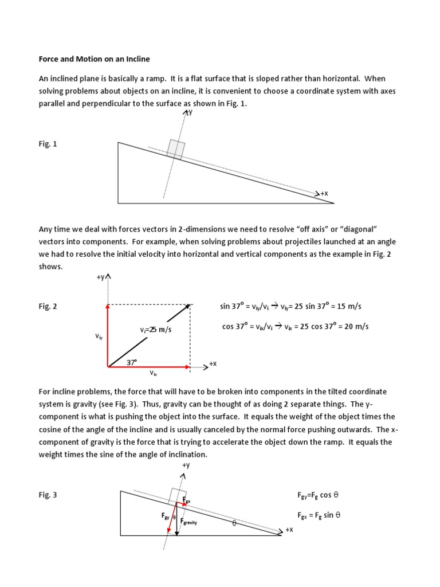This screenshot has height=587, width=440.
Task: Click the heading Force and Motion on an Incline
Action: click(x=94, y=59)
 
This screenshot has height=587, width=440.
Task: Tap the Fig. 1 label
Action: click(x=48, y=144)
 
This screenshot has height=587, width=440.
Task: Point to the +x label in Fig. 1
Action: click(x=324, y=194)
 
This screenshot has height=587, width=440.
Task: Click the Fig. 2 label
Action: click(x=48, y=307)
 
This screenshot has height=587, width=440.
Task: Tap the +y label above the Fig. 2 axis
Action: click(x=101, y=277)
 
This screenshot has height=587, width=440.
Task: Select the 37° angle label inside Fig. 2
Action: click(x=132, y=362)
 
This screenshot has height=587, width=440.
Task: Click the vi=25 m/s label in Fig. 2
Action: click(x=156, y=330)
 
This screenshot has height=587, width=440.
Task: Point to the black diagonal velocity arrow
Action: click(x=150, y=335)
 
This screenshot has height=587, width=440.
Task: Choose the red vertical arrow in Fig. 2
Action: click(x=108, y=335)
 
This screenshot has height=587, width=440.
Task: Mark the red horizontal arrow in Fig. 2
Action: click(x=149, y=366)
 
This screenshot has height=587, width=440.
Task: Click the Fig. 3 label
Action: click(x=48, y=495)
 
